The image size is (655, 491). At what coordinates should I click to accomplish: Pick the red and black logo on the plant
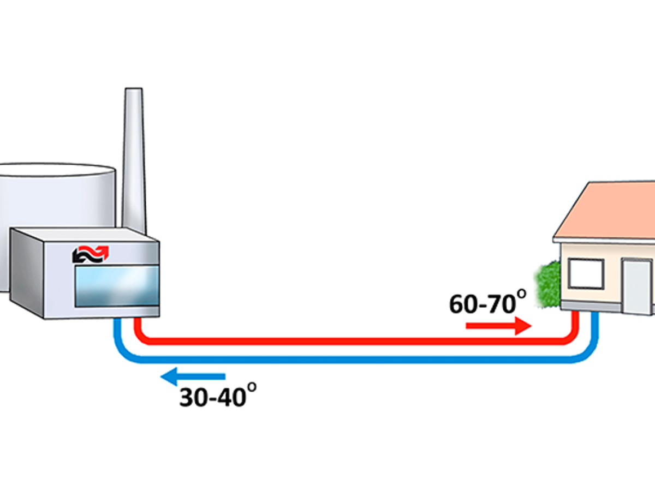coord(90,254)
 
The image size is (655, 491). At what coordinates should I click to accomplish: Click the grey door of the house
coord(638,286)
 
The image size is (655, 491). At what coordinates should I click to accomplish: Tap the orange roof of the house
coord(606,210)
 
